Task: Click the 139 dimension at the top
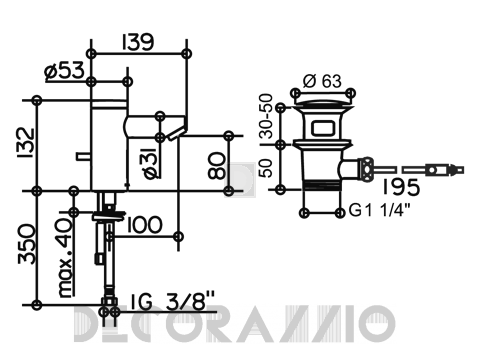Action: pyautogui.click(x=138, y=41)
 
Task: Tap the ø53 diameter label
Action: pyautogui.click(x=64, y=71)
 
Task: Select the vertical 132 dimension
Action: pyautogui.click(x=26, y=143)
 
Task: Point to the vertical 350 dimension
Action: pyautogui.click(x=26, y=244)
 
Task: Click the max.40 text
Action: pyautogui.click(x=65, y=257)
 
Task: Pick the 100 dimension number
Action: pyautogui.click(x=144, y=225)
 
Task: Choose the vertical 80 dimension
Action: pyautogui.click(x=216, y=165)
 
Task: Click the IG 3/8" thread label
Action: pyautogui.click(x=172, y=301)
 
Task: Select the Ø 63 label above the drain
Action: pyautogui.click(x=322, y=81)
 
